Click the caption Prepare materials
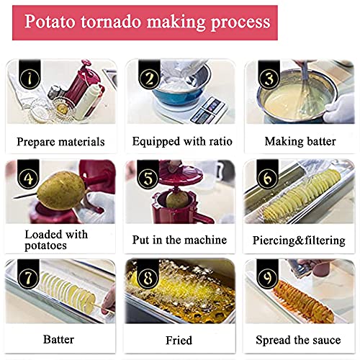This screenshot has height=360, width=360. (60, 142)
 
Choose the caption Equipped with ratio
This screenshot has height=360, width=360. (182, 141)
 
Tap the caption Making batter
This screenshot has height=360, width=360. (300, 141)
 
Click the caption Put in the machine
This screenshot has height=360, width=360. (179, 240)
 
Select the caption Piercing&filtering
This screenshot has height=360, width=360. (299, 240)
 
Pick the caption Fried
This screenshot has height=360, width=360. (179, 341)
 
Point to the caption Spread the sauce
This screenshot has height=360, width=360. (298, 340)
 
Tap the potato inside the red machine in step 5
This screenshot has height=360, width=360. (177, 199)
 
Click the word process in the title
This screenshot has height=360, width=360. (240, 22)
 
